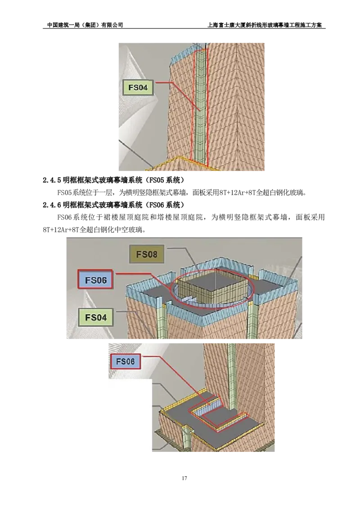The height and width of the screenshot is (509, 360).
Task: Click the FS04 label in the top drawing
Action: tap(138, 87)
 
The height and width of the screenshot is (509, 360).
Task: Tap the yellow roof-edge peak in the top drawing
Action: tap(180, 158)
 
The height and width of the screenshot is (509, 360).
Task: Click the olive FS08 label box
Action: tap(147, 254)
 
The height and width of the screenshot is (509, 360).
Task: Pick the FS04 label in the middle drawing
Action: tap(95, 317)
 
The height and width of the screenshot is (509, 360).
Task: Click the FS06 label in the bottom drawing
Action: tap(126, 361)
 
